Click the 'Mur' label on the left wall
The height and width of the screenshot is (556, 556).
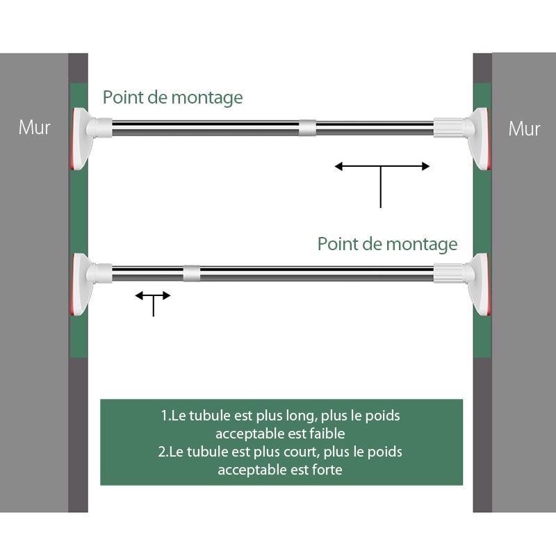click(x=34, y=127)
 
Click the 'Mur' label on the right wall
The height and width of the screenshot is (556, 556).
click(x=524, y=129)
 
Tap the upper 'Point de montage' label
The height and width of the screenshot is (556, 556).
click(x=172, y=97)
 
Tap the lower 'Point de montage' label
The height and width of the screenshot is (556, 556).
click(x=387, y=245)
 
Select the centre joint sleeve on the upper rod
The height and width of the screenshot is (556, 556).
click(x=307, y=128)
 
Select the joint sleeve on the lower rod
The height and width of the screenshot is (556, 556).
click(x=192, y=273)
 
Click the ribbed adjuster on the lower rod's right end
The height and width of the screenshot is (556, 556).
click(x=449, y=273)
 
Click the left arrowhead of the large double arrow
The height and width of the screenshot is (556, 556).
click(x=338, y=166)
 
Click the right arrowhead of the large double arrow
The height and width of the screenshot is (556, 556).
click(x=425, y=166)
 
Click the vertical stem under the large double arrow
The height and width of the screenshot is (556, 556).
click(x=381, y=187)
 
